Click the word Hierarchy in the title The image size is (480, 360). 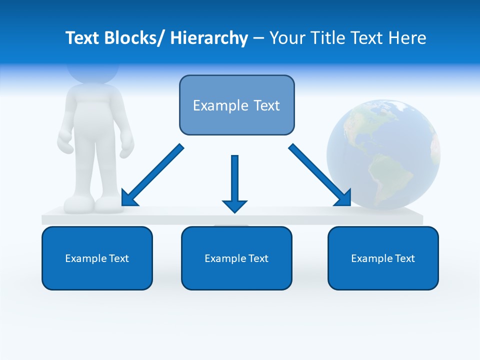209,38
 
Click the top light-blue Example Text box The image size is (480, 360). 236,105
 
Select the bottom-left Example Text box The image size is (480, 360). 97,258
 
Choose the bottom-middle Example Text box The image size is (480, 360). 236,258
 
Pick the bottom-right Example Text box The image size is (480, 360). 383,258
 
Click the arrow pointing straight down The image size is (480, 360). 234,183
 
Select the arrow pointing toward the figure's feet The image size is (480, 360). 153,175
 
